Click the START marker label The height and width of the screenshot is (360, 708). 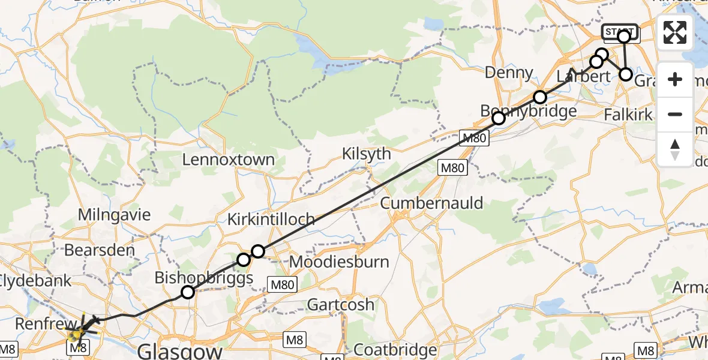point(620,31)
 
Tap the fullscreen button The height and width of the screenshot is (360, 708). point(675,32)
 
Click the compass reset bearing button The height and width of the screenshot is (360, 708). point(675,149)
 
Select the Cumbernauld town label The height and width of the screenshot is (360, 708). point(431,203)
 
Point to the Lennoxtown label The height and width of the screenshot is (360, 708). point(228,160)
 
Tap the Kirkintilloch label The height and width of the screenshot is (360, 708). point(271,220)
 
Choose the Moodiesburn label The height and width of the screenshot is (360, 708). point(339,262)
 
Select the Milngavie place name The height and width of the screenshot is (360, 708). point(115,215)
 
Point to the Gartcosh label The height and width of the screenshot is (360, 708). point(341,304)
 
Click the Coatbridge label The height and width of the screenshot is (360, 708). point(395,350)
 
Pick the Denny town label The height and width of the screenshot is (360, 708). point(509,73)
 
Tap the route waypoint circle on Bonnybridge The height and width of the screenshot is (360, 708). point(499,118)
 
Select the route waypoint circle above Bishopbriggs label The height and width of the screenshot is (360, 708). point(188,292)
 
